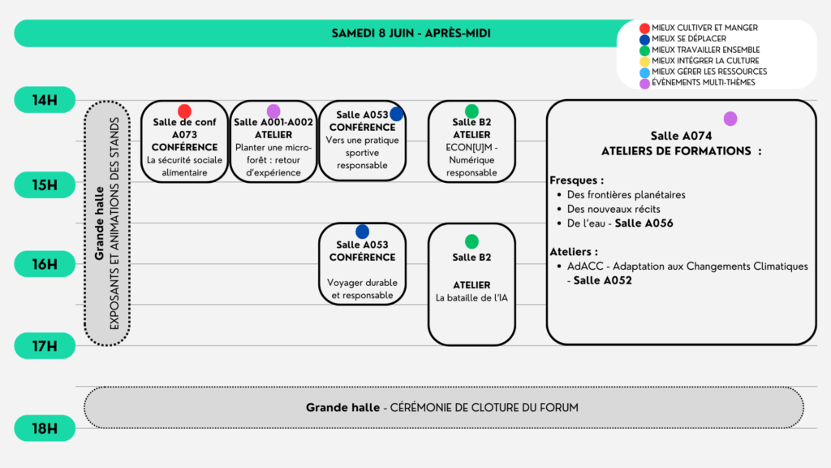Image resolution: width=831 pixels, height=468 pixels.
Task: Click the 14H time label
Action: pyautogui.click(x=45, y=100)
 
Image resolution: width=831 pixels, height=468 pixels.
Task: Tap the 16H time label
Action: pyautogui.click(x=45, y=264)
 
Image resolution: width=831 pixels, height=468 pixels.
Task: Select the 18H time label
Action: pyautogui.click(x=45, y=428)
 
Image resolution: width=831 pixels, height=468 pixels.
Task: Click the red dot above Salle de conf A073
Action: pyautogui.click(x=184, y=111)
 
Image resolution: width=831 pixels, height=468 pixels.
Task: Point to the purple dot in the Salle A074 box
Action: pyautogui.click(x=730, y=119)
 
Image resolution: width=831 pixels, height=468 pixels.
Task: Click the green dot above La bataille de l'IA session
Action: pyautogui.click(x=471, y=241)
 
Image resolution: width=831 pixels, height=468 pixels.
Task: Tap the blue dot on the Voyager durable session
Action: pyautogui.click(x=363, y=232)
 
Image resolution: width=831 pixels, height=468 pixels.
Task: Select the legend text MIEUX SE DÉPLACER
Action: pyautogui.click(x=689, y=39)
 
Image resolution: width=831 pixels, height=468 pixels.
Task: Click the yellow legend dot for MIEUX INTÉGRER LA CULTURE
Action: pyautogui.click(x=644, y=62)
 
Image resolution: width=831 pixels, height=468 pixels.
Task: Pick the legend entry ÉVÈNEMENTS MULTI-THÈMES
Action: pyautogui.click(x=704, y=83)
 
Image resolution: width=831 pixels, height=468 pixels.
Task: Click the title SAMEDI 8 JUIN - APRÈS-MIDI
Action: pyautogui.click(x=411, y=33)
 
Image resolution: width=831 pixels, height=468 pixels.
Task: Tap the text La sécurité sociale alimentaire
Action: pyautogui.click(x=184, y=166)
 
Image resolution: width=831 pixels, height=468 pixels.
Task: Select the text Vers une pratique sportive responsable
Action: pyautogui.click(x=363, y=153)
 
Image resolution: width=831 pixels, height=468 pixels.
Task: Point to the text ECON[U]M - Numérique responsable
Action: pyautogui.click(x=471, y=160)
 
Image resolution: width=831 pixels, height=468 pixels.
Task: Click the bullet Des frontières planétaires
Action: pyautogui.click(x=626, y=195)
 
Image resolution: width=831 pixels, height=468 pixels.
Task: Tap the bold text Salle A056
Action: pyautogui.click(x=644, y=223)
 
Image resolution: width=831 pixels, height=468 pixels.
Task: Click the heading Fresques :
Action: pyautogui.click(x=577, y=180)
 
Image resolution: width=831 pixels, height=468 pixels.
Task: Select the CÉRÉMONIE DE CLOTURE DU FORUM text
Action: pyautogui.click(x=484, y=408)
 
